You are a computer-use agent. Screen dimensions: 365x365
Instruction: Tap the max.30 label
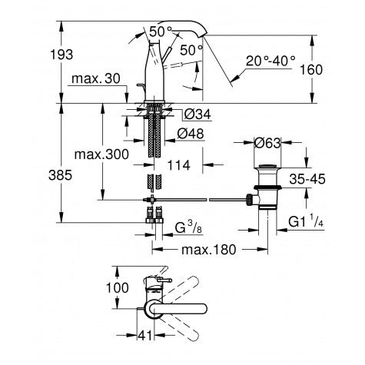click(x=95, y=80)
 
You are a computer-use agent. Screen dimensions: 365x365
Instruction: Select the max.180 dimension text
click(x=207, y=250)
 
